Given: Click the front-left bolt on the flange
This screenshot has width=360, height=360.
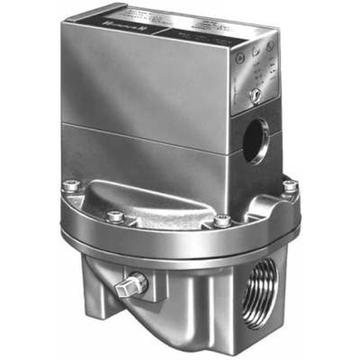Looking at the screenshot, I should (x=115, y=217).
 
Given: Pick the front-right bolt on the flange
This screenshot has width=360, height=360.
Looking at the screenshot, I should (x=222, y=220).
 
